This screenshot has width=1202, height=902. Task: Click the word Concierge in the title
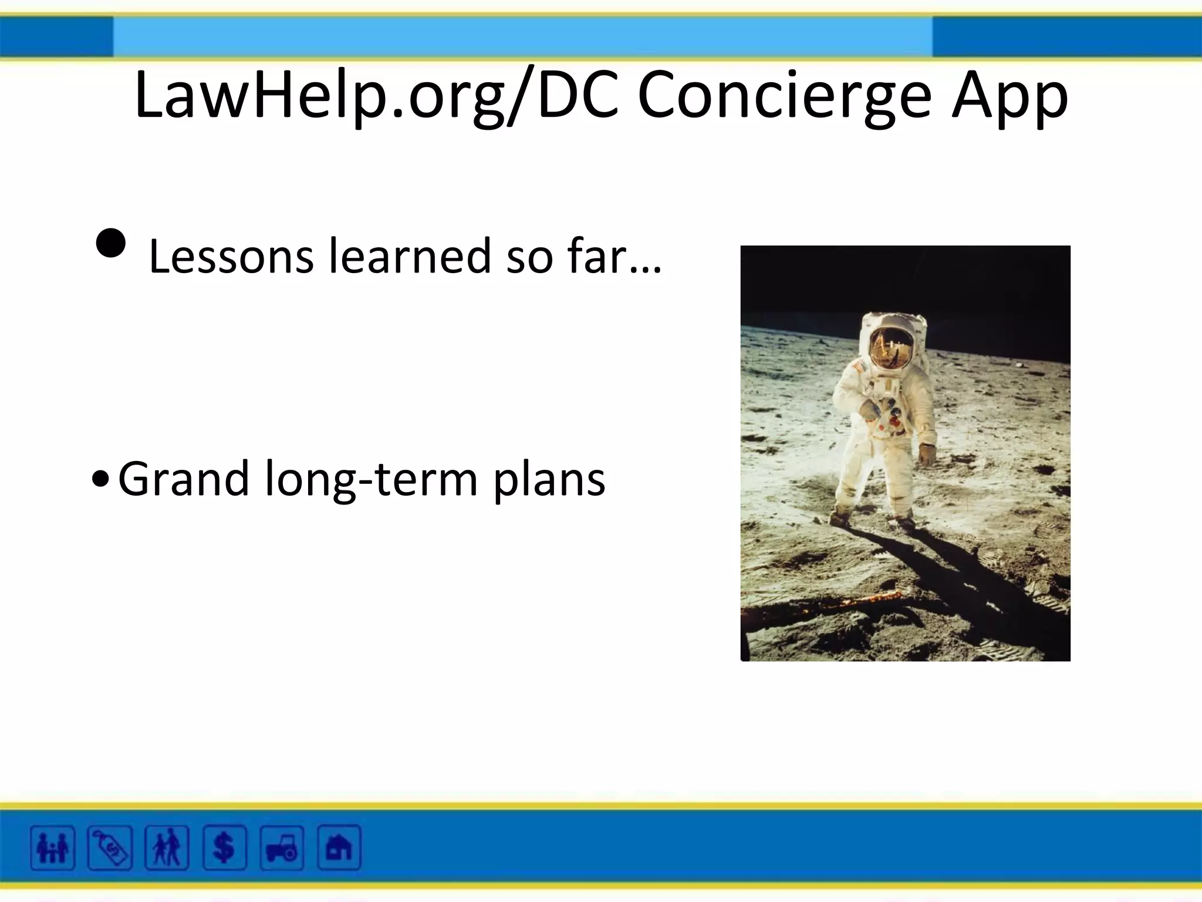pos(784,95)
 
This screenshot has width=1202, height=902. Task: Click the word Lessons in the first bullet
pos(231,257)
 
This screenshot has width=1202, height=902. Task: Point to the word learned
pos(410,257)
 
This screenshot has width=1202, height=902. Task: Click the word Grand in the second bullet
pos(184,479)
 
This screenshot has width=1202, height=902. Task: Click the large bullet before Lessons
pos(110,243)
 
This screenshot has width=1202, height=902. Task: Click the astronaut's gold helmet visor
pos(891,346)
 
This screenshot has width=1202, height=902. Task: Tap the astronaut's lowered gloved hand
pos(927,454)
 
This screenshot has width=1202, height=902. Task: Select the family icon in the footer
pos(53,847)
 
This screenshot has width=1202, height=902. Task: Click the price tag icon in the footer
pos(110,847)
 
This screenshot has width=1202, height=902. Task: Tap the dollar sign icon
pos(224,847)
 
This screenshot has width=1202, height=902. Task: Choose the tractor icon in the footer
pos(282,847)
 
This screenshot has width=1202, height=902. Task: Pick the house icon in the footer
pos(339,847)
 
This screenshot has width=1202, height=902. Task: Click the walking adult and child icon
pos(167,847)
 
